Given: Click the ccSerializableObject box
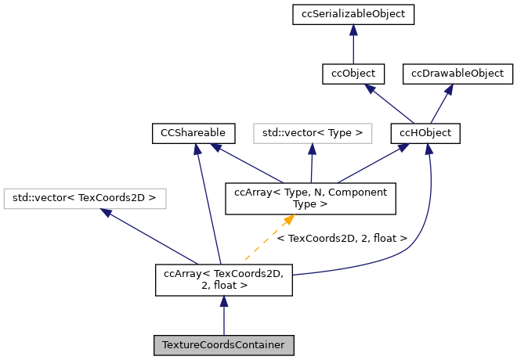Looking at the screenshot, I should (x=353, y=13).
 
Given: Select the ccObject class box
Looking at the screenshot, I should (x=353, y=74).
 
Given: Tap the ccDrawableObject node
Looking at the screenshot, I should (x=458, y=74).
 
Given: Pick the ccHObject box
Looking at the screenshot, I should (x=425, y=134).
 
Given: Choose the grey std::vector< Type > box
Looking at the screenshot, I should (x=313, y=134).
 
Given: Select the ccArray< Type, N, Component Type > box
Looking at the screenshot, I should (x=310, y=199).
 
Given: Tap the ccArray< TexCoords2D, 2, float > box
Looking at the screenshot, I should (x=224, y=279).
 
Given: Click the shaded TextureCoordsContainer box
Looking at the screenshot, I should (x=224, y=345).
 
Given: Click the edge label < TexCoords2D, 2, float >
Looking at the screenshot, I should (x=342, y=237).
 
